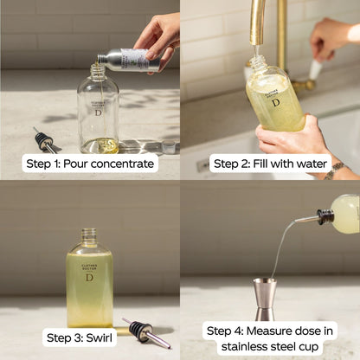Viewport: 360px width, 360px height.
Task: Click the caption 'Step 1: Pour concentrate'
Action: click(90, 164)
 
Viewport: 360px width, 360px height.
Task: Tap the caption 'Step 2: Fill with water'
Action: click(270, 164)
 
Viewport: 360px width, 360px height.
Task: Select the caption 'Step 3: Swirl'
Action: click(80, 337)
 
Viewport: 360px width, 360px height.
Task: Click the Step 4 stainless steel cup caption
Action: click(270, 337)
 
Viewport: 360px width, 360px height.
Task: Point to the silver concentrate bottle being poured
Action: click(128, 61)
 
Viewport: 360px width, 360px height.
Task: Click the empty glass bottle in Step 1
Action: click(97, 112)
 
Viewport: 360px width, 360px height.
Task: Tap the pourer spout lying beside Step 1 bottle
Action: click(45, 140)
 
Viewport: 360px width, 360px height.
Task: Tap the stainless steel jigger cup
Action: click(265, 299)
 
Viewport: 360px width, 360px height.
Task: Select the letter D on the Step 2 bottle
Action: click(275, 102)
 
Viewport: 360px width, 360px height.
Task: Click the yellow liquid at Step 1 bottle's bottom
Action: click(99, 145)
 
